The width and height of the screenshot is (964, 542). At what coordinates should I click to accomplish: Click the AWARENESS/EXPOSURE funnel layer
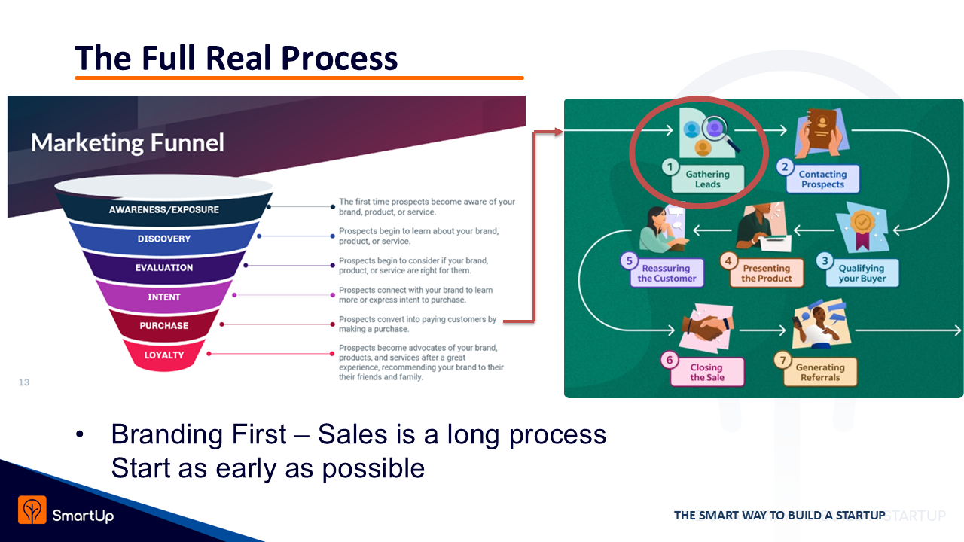pos(163,209)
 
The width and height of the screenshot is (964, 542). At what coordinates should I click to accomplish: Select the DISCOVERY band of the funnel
pos(163,239)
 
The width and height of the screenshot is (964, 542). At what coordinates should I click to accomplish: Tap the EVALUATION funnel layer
pos(163,268)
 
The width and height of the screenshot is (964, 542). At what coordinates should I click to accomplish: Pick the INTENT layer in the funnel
pos(163,297)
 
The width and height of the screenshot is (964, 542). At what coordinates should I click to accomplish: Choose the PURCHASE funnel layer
pos(163,326)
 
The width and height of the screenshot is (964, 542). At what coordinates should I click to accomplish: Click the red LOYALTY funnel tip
pos(163,355)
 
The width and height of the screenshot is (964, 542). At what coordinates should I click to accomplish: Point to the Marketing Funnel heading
pos(127,143)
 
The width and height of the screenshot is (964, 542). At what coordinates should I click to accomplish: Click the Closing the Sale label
pos(706,373)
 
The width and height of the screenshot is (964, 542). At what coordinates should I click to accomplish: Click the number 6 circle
pos(670,360)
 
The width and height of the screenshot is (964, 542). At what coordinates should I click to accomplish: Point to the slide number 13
pos(24,382)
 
